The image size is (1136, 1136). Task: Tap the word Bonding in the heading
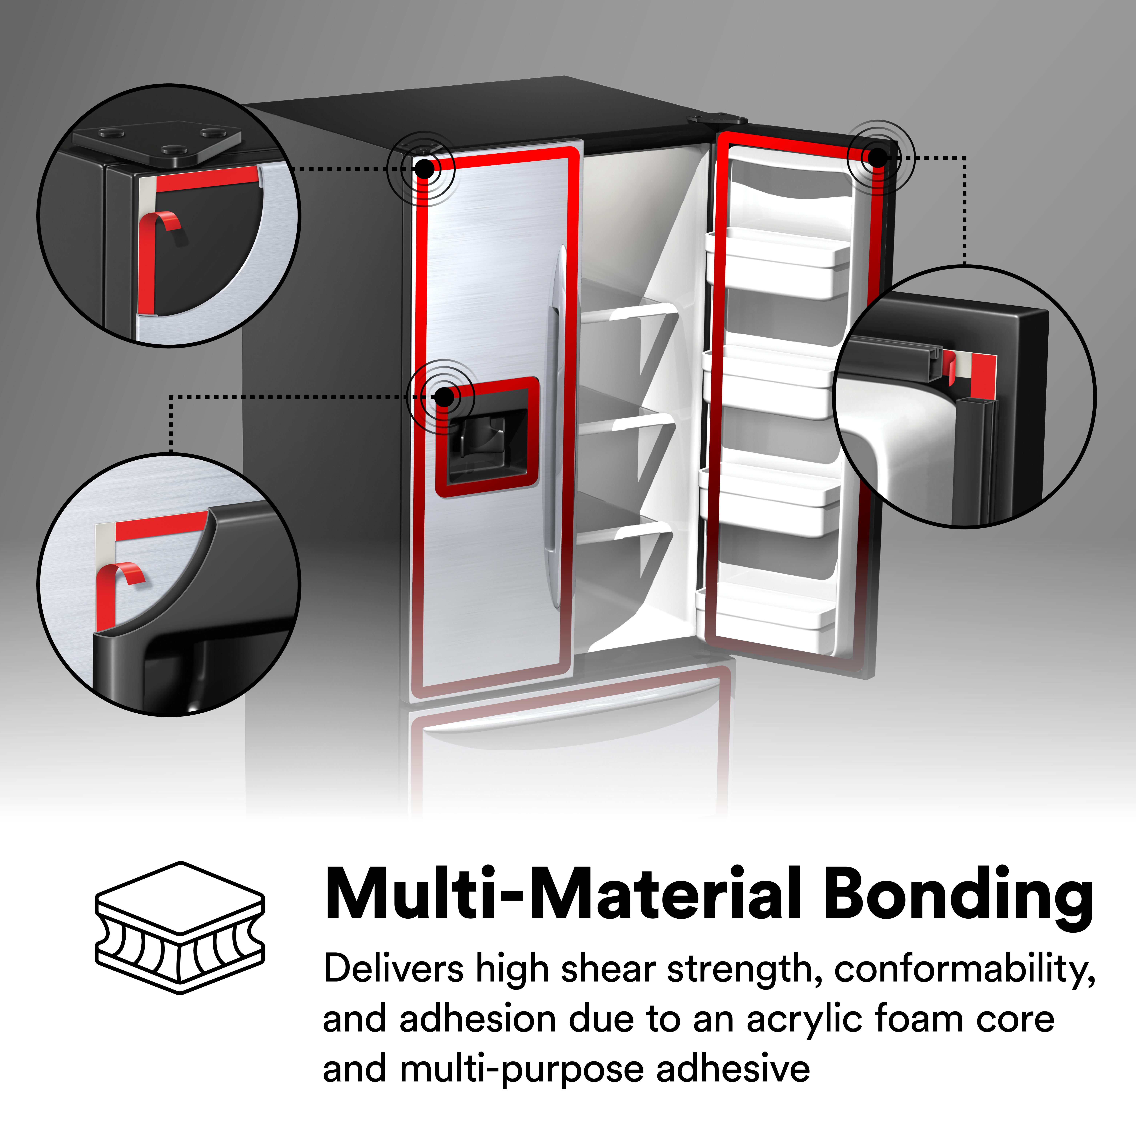[957, 894]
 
